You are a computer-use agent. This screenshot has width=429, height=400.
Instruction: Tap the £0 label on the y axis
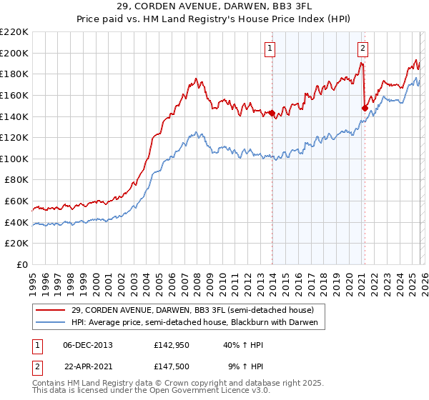21,264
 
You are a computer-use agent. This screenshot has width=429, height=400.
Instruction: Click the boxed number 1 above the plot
271,49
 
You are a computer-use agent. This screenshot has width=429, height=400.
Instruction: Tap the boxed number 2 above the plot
363,49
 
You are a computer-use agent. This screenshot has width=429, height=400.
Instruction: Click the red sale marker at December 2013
272,114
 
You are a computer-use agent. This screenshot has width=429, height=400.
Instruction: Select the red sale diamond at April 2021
365,109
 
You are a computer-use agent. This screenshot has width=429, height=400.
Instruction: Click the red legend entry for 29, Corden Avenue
192,310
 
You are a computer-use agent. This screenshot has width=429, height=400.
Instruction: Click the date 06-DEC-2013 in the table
88,344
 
